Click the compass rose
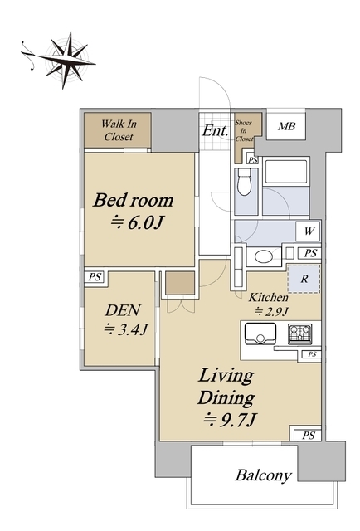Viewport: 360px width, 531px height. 66,60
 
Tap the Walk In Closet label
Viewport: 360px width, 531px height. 119,130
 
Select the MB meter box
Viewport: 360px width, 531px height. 286,126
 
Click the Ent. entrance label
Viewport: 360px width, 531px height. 215,131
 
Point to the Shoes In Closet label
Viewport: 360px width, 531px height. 244,131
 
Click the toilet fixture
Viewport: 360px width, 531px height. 244,182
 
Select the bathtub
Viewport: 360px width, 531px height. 286,171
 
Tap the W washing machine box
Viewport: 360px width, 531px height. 308,231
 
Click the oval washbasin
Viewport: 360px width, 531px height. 264,256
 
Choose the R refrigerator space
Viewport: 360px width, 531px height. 304,279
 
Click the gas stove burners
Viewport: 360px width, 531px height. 300,334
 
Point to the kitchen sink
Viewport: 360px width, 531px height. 260,334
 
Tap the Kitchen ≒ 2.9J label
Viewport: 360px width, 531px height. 269,304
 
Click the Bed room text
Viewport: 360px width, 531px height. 134,200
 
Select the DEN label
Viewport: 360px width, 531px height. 123,310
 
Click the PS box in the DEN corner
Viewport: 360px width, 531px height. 95,277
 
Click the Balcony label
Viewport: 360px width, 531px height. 264,475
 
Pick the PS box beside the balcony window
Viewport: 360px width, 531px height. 308,435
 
